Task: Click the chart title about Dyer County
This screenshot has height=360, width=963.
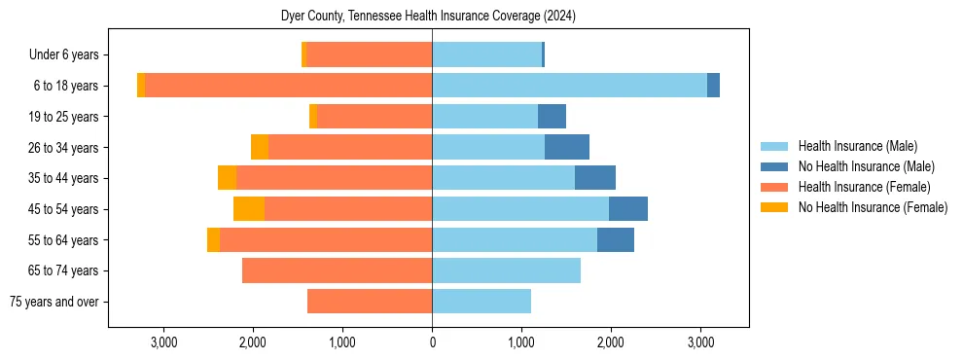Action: click(429, 17)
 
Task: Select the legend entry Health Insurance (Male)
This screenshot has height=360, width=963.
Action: click(857, 146)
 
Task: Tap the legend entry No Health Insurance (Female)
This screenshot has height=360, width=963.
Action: click(873, 207)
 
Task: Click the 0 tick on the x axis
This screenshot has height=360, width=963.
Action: click(432, 342)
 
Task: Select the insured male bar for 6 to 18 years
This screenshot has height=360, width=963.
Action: click(569, 86)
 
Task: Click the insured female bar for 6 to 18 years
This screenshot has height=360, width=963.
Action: click(289, 86)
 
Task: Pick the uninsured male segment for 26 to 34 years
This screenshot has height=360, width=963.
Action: click(567, 147)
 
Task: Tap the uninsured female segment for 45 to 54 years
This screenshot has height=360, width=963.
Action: click(249, 209)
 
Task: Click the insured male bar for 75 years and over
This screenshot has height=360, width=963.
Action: click(481, 302)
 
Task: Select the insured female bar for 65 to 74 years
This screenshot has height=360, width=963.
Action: click(337, 270)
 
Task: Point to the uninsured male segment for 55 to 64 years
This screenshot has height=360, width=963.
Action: click(616, 239)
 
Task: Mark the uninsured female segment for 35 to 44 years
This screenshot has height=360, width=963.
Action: click(227, 178)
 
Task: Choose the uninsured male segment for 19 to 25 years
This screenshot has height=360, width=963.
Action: click(552, 117)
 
